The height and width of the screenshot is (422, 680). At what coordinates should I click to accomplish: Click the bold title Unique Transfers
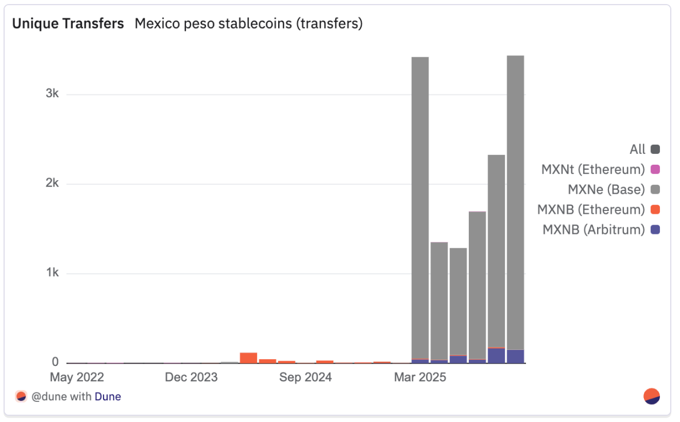click(68, 24)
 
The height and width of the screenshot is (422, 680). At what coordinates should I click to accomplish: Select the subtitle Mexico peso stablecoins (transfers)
click(248, 24)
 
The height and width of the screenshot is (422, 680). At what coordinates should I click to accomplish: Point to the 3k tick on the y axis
click(52, 94)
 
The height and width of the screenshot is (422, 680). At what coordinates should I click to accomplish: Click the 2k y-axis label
click(52, 184)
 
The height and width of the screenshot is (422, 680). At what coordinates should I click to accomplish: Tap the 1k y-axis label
click(52, 273)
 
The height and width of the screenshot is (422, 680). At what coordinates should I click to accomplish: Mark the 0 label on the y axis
click(56, 363)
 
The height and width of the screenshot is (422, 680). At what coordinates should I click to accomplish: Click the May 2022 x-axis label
click(77, 377)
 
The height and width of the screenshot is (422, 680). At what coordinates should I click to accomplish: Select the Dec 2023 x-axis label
click(191, 377)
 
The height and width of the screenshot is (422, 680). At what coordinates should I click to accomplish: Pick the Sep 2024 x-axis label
click(305, 377)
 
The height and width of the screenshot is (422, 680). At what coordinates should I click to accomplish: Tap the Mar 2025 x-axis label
click(420, 377)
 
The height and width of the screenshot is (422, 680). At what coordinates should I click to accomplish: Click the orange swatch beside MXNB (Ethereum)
click(655, 210)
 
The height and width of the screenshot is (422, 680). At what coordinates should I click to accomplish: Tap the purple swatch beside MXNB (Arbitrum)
click(655, 230)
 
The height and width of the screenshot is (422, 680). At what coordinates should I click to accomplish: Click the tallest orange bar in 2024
click(248, 358)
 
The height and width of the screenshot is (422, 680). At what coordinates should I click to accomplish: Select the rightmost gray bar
click(515, 200)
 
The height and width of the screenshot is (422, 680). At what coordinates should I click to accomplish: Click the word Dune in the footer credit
click(108, 396)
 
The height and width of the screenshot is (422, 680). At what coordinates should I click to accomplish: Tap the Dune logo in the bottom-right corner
click(652, 396)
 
